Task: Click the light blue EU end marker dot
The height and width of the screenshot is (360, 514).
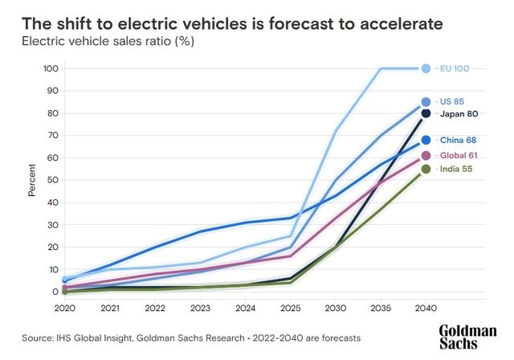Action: click(x=426, y=69)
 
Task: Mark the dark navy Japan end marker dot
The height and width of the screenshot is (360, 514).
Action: click(x=426, y=113)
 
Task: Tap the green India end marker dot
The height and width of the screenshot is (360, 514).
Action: click(x=426, y=169)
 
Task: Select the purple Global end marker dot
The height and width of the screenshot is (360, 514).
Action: click(x=426, y=155)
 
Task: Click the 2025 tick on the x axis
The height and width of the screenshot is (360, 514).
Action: click(x=290, y=308)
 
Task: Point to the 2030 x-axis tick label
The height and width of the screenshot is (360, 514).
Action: click(x=336, y=308)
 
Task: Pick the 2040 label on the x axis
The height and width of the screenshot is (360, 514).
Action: click(x=426, y=308)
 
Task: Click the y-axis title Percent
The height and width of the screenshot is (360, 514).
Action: click(x=32, y=181)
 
